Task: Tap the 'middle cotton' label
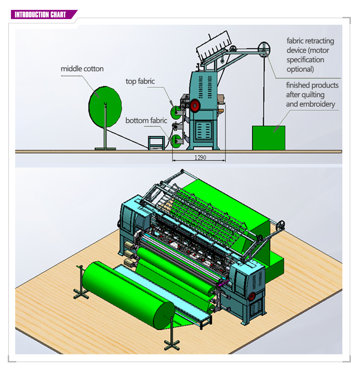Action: tap(82, 69)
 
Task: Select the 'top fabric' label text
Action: tap(140, 82)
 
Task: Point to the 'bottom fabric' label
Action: tap(146, 120)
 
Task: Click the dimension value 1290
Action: tap(200, 158)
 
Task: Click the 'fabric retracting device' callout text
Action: tap(310, 55)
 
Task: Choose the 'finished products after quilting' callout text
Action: tap(312, 95)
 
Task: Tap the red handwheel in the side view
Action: tap(195, 106)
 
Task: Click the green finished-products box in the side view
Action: tap(269, 138)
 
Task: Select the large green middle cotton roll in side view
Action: tap(105, 107)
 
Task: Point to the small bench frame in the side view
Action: tap(156, 143)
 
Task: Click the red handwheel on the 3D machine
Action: tap(252, 296)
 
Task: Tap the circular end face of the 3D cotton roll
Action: tap(164, 316)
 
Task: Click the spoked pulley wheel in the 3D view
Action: tap(281, 225)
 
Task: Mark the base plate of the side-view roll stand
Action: tap(105, 149)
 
